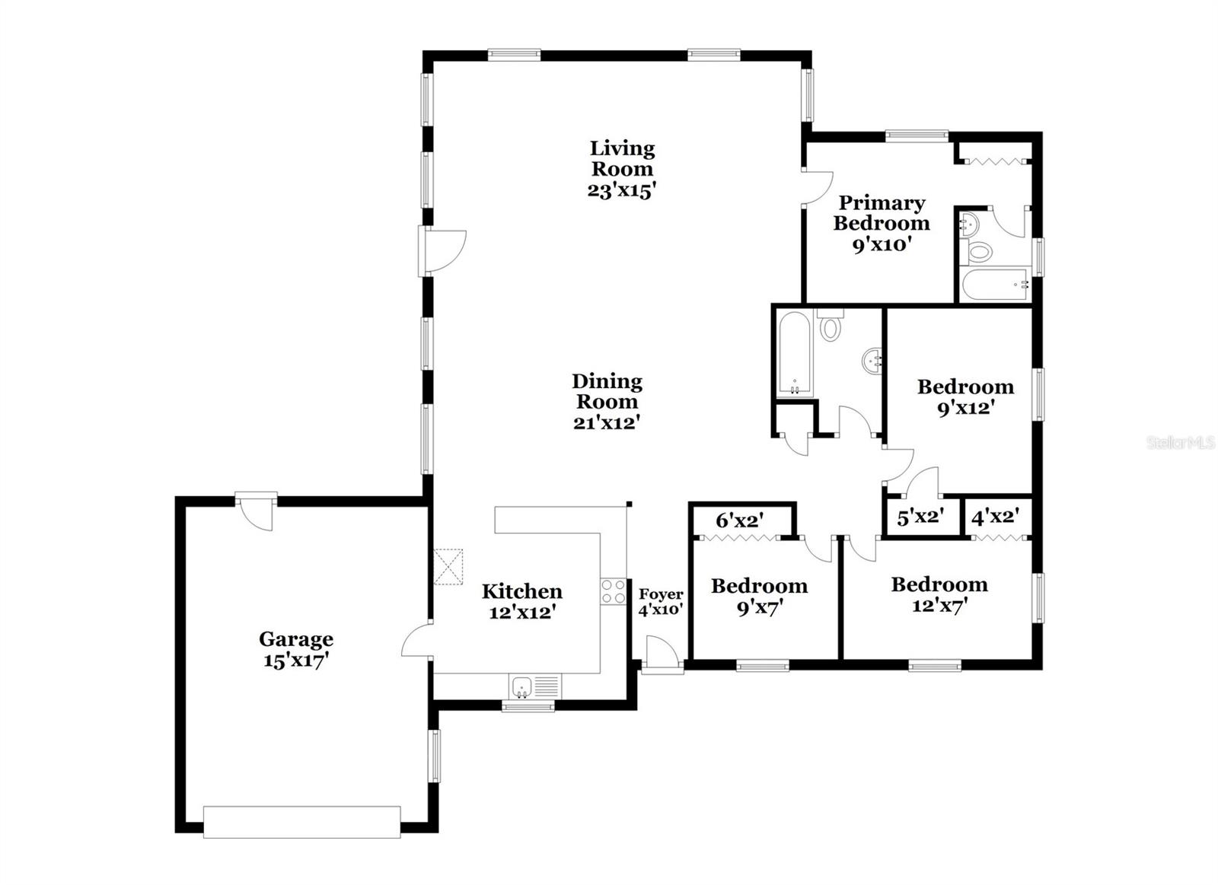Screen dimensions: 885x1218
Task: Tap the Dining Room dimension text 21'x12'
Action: (x=606, y=422)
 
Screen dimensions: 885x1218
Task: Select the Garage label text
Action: (x=295, y=639)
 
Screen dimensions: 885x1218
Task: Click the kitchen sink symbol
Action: (x=521, y=686)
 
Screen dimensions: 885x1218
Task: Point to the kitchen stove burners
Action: (x=613, y=592)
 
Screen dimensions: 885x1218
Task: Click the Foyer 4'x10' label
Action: (x=660, y=601)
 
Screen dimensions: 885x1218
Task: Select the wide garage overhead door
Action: (x=301, y=823)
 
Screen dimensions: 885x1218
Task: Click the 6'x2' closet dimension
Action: (x=739, y=521)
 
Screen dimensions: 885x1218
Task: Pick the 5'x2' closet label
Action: (x=920, y=517)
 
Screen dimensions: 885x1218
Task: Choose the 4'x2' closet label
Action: (x=995, y=517)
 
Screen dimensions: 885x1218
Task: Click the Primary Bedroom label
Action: (x=882, y=213)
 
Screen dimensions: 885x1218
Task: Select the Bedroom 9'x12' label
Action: (x=965, y=396)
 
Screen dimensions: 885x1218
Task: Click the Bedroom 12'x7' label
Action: (x=939, y=595)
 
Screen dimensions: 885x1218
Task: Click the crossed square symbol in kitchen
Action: (x=448, y=567)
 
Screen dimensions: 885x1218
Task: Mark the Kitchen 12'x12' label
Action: (x=521, y=601)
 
